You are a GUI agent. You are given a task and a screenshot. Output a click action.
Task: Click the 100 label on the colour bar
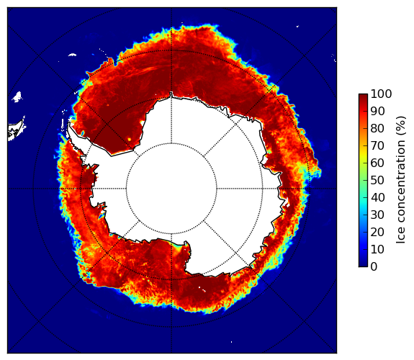click(381, 94)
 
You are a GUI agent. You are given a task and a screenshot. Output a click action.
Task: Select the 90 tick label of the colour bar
click(377, 111)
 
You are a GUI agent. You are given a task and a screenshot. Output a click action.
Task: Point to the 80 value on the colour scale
click(377, 128)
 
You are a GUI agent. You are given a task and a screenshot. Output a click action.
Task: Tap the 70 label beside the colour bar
click(377, 145)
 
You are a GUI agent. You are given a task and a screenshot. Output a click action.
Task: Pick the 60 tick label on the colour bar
click(377, 163)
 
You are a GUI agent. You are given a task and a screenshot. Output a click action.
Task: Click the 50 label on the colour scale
click(377, 180)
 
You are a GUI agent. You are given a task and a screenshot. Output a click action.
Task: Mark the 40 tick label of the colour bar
click(377, 197)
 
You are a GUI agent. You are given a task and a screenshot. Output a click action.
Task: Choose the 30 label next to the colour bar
click(377, 215)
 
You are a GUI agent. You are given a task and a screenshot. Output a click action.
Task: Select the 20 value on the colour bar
click(377, 232)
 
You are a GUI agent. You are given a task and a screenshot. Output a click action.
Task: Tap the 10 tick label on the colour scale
click(377, 249)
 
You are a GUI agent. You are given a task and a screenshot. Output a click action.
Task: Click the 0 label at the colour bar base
click(374, 267)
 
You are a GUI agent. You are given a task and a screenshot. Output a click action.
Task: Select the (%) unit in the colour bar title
click(401, 126)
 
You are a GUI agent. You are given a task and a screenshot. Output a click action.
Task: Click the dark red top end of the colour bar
click(363, 95)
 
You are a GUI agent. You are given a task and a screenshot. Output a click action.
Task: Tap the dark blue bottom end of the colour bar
click(363, 265)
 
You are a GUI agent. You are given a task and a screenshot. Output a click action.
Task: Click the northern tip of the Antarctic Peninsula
click(69, 123)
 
